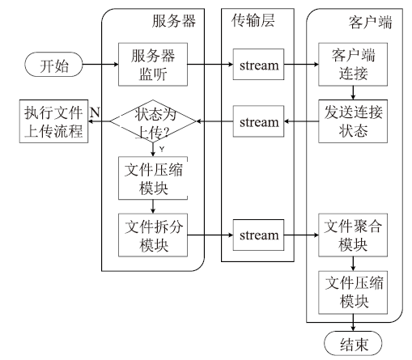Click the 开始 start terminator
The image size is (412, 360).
pyautogui.click(x=53, y=65)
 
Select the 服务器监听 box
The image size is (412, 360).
pyautogui.click(x=153, y=65)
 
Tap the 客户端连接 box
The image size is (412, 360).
pyautogui.click(x=353, y=65)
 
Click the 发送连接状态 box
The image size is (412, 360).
pyautogui.click(x=353, y=121)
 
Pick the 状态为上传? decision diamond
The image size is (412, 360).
pyautogui.click(x=153, y=121)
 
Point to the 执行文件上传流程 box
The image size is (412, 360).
pyautogui.click(x=53, y=121)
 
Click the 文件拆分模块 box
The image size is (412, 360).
pyautogui.click(x=153, y=235)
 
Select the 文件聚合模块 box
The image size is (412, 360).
pyautogui.click(x=353, y=235)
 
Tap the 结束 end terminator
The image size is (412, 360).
pyautogui.click(x=353, y=343)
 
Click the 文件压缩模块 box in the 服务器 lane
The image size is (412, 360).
pyautogui.click(x=153, y=178)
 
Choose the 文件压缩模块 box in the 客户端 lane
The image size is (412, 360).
pyautogui.click(x=353, y=292)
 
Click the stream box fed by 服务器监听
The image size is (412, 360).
pyautogui.click(x=258, y=65)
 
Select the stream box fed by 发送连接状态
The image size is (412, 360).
pyautogui.click(x=258, y=121)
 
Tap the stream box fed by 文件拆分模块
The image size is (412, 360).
pyautogui.click(x=258, y=235)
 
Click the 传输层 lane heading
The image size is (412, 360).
pyautogui.click(x=253, y=20)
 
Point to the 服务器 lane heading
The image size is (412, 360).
pyautogui.click(x=174, y=21)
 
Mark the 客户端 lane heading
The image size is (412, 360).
pyautogui.click(x=370, y=22)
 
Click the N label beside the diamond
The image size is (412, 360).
pyautogui.click(x=95, y=112)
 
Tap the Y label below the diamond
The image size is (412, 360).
pyautogui.click(x=162, y=149)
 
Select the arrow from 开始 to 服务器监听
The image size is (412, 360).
pyautogui.click(x=100, y=65)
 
